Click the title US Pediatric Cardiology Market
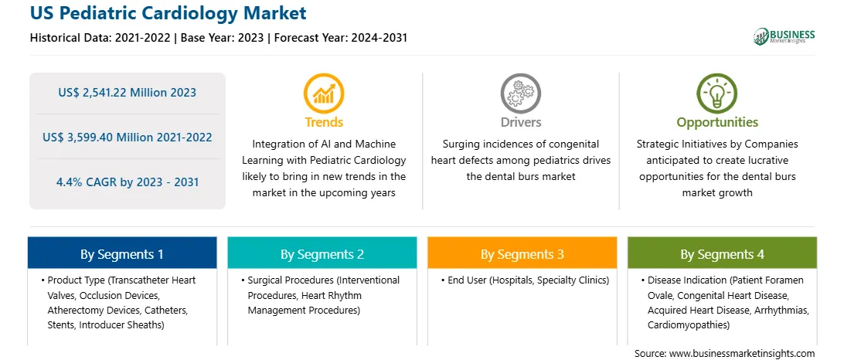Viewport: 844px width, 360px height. [x=168, y=13]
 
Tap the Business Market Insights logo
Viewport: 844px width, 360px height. [x=784, y=36]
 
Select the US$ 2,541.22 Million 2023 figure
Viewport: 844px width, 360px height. [x=127, y=93]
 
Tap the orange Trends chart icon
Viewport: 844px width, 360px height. [x=324, y=93]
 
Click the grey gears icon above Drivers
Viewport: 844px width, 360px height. [x=520, y=93]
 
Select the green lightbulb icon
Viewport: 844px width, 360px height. [x=717, y=93]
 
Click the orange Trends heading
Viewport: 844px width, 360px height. [x=324, y=122]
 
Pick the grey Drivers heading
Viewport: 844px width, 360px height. [x=521, y=122]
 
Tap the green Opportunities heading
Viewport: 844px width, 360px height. [x=717, y=123]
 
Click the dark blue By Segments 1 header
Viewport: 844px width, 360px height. [x=122, y=253]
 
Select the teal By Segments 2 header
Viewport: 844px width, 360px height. [x=322, y=253]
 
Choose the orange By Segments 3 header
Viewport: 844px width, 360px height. [x=522, y=253]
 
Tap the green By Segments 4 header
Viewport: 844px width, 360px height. [x=723, y=253]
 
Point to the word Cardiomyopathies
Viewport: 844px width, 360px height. [x=683, y=325]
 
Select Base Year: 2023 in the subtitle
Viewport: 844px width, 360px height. [x=223, y=38]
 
